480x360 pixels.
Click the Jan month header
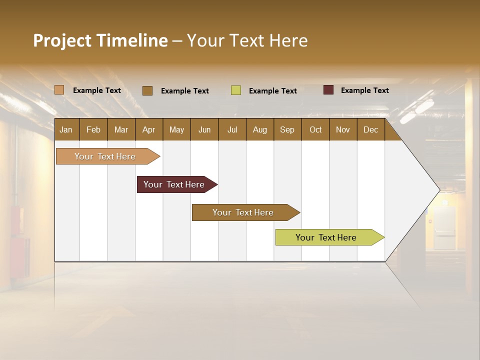click(x=66, y=129)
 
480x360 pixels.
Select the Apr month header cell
click(x=148, y=129)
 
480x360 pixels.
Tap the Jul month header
click(x=232, y=129)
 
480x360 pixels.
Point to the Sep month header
click(x=287, y=129)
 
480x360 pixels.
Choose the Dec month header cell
click(x=370, y=129)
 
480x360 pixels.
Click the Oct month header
click(x=315, y=129)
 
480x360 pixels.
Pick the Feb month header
click(x=93, y=129)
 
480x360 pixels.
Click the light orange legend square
click(x=59, y=90)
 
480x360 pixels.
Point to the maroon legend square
click(x=328, y=90)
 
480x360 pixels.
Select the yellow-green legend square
click(x=236, y=90)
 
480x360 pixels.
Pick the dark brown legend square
click(x=147, y=90)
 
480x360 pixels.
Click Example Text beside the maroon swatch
click(x=364, y=90)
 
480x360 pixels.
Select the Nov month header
click(x=342, y=129)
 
